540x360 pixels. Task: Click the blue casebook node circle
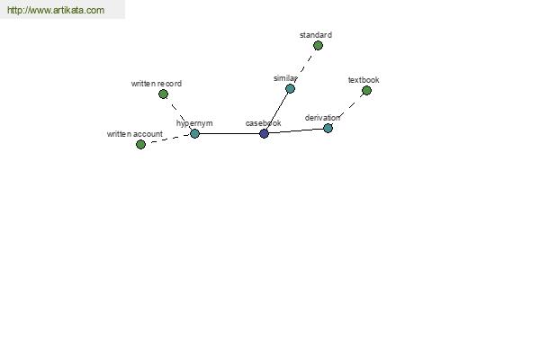(264, 134)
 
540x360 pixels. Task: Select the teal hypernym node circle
(194, 134)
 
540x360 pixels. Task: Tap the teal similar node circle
(290, 89)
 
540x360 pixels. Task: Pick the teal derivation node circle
(328, 129)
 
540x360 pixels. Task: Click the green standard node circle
(318, 46)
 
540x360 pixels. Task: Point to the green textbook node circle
(366, 91)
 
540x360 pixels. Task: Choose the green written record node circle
(163, 94)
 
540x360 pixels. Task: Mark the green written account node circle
(140, 144)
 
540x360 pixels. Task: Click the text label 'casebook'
(263, 123)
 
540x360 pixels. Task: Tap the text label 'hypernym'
(194, 123)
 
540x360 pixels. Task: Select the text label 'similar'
(285, 78)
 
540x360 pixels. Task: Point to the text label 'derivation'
(322, 118)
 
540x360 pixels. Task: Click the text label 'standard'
(316, 35)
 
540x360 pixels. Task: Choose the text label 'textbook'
(364, 80)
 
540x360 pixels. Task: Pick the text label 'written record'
(157, 84)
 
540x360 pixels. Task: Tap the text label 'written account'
(135, 134)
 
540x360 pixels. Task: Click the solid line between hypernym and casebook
(229, 134)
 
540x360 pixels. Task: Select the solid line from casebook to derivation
(296, 130)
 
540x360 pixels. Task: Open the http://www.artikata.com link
(56, 10)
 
